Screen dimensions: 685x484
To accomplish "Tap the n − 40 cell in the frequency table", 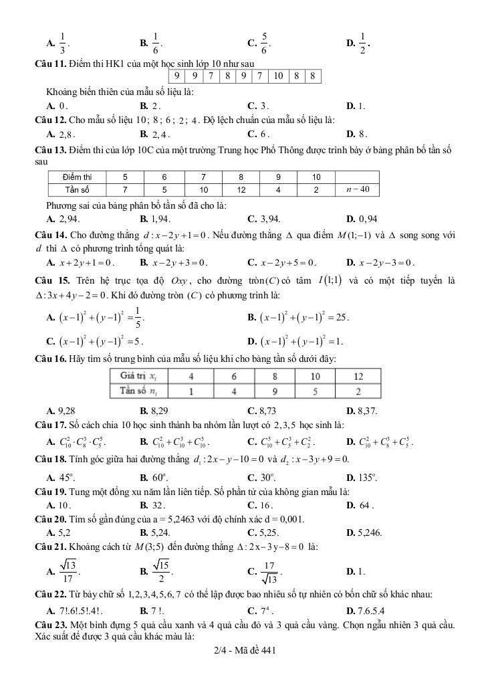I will [x=358, y=189].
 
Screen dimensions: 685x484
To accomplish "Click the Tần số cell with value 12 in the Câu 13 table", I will [x=241, y=189].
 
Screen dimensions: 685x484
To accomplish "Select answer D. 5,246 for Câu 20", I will [x=364, y=532].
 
